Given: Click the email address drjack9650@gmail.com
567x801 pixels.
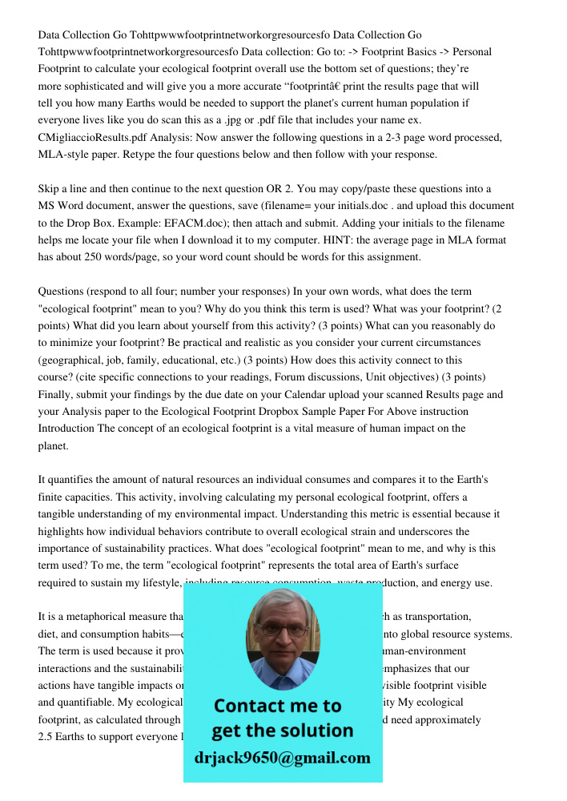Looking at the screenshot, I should (283, 758).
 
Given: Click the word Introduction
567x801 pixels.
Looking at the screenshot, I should (66, 429).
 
